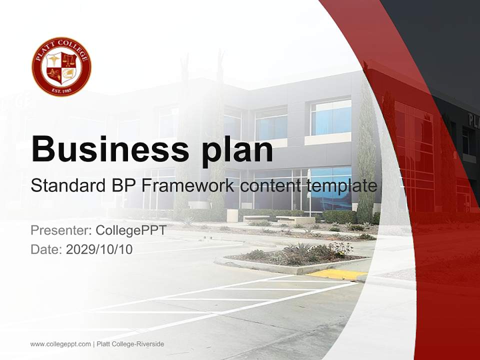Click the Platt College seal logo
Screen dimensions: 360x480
tap(61, 66)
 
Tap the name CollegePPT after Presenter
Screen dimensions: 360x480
tap(131, 230)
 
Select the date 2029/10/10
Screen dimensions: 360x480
tap(99, 249)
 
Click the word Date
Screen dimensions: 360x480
tap(45, 249)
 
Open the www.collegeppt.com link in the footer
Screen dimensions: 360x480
tap(60, 344)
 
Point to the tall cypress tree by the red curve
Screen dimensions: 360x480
tap(366, 150)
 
